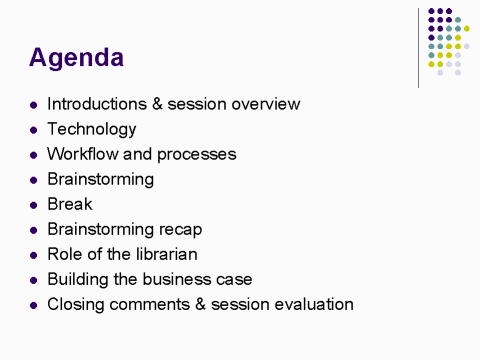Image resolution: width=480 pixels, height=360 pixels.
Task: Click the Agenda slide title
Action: tap(77, 58)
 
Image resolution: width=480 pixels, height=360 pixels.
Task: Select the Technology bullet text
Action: tap(91, 129)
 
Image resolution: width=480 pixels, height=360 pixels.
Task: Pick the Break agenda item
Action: tap(69, 204)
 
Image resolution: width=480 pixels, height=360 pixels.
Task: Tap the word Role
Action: tap(65, 254)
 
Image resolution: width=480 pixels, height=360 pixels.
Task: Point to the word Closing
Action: tap(76, 304)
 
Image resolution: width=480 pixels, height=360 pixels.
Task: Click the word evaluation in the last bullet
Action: tap(314, 304)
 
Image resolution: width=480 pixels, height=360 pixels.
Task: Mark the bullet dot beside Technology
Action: tap(33, 130)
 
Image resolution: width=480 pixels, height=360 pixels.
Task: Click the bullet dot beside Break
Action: tap(33, 205)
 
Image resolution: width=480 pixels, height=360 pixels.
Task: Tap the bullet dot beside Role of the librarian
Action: tap(33, 255)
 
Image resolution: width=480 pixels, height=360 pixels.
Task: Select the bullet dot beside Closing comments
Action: tap(33, 305)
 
